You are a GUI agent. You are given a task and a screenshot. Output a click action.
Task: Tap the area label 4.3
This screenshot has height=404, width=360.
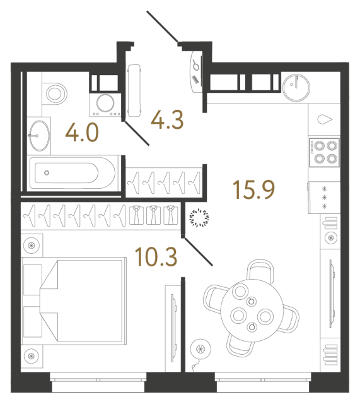tap(168, 120)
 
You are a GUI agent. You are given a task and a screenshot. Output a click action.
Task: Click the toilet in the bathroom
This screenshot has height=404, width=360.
tap(55, 93)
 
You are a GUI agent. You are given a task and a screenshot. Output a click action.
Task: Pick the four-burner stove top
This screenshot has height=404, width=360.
tap(323, 151)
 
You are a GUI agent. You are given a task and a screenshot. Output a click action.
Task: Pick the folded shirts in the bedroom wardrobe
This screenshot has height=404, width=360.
tap(153, 215)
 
